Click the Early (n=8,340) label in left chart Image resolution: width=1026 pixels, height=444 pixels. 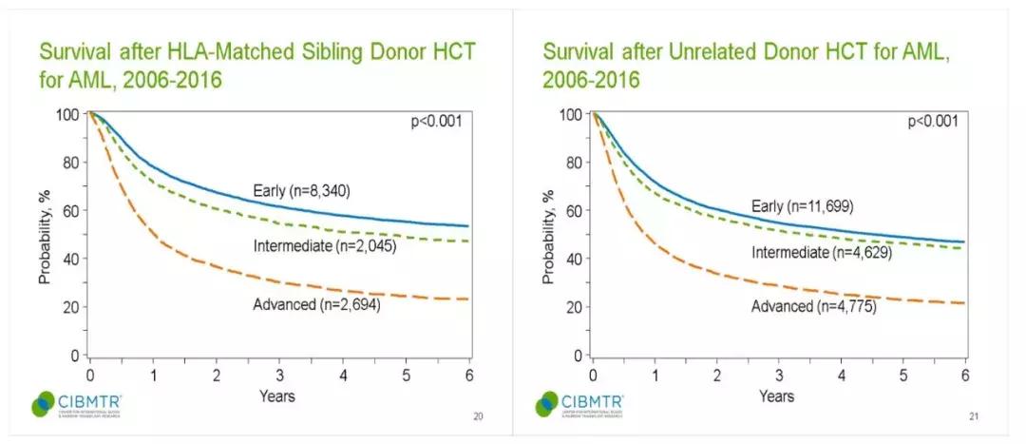pyautogui.click(x=303, y=190)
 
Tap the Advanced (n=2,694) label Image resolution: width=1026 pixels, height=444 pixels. pyautogui.click(x=316, y=304)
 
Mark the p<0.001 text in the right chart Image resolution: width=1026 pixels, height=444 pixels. pyautogui.click(x=937, y=121)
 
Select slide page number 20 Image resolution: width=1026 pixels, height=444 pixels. pyautogui.click(x=477, y=415)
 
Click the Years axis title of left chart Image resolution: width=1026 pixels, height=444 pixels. pyautogui.click(x=278, y=396)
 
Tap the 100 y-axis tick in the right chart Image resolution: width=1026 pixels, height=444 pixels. pyautogui.click(x=571, y=115)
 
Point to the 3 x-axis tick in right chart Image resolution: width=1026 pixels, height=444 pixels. pyautogui.click(x=780, y=374)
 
